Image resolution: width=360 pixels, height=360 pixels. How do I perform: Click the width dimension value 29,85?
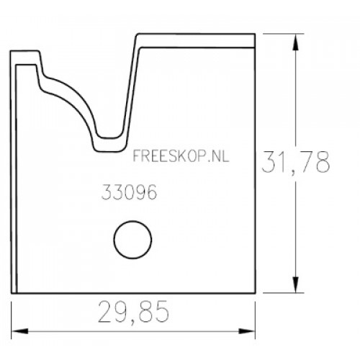(133, 312)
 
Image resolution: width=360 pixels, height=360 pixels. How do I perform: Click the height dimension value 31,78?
(296, 162)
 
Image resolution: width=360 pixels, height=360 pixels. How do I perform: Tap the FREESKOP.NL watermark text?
(181, 156)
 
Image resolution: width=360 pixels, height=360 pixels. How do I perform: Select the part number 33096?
(129, 192)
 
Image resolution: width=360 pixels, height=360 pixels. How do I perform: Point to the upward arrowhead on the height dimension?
(296, 42)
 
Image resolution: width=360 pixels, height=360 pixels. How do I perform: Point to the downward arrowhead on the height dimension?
(296, 284)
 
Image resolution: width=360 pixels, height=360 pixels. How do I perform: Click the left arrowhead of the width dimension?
(20, 331)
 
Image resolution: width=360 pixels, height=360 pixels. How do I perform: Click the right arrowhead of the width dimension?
(246, 331)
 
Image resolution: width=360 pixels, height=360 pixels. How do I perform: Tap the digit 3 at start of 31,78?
(268, 162)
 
